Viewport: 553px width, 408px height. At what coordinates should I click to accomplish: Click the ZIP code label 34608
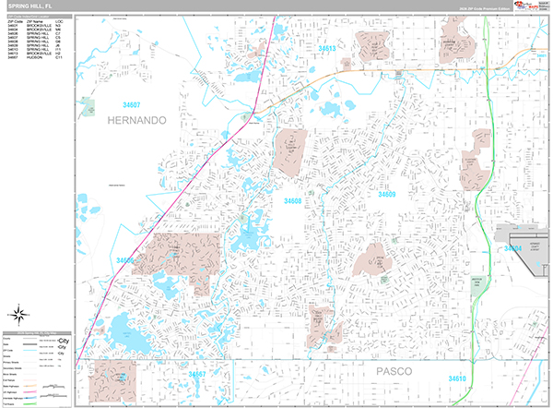pyautogui.click(x=293, y=200)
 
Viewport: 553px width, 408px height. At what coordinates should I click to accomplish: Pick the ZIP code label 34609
pyautogui.click(x=386, y=195)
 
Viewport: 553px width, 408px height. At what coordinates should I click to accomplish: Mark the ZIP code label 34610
pyautogui.click(x=457, y=378)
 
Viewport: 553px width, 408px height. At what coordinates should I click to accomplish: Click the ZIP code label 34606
pyautogui.click(x=125, y=261)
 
